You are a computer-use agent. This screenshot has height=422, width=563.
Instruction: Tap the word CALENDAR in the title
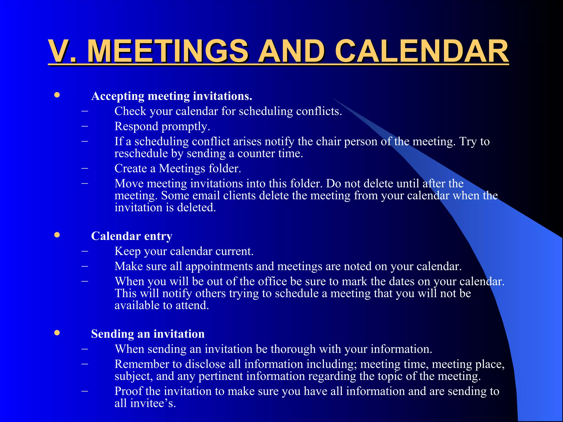pyautogui.click(x=422, y=51)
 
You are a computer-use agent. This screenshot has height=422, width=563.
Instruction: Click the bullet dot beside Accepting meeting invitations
pyautogui.click(x=57, y=95)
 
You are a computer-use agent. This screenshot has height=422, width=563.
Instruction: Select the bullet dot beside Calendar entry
pyautogui.click(x=57, y=235)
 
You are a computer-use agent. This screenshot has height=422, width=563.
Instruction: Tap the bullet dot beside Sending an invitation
pyautogui.click(x=57, y=333)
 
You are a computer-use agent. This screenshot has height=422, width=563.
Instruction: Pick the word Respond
pyautogui.click(x=136, y=126)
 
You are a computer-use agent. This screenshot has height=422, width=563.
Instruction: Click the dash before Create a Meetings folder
pyautogui.click(x=85, y=168)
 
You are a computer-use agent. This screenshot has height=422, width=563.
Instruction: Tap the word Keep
pyautogui.click(x=128, y=251)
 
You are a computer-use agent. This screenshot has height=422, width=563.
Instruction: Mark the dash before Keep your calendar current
pyautogui.click(x=85, y=251)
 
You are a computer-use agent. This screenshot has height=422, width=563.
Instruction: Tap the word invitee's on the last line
pyautogui.click(x=153, y=403)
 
